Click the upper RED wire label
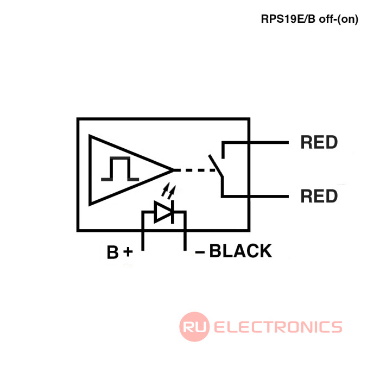click(319, 142)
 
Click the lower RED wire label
click(319, 196)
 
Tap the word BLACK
click(240, 251)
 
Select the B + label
click(120, 252)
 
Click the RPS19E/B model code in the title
click(288, 19)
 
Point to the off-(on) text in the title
click(339, 19)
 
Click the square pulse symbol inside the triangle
click(120, 169)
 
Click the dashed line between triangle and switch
click(194, 170)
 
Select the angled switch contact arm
click(216, 166)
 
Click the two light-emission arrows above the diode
click(168, 189)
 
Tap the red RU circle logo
click(194, 326)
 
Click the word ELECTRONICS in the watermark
click(278, 327)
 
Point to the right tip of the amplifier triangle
click(174, 170)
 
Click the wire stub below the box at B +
click(143, 240)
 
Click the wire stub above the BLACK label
click(185, 240)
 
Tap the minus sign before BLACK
click(200, 252)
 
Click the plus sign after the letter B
click(128, 252)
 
